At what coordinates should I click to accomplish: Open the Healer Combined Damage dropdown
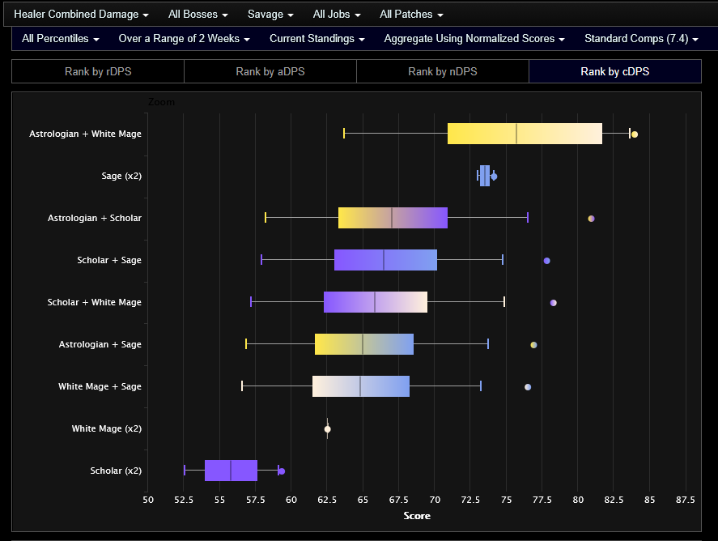click(81, 15)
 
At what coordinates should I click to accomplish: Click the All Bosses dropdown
click(198, 15)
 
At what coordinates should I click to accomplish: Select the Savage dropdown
click(270, 15)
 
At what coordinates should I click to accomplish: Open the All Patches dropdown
click(411, 15)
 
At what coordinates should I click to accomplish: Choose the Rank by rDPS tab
click(98, 71)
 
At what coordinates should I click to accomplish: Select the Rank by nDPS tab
click(443, 71)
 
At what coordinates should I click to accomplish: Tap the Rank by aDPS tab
click(270, 71)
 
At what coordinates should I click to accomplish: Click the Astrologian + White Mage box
click(525, 134)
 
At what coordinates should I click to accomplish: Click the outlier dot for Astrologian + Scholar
click(591, 219)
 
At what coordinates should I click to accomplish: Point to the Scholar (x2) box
click(231, 471)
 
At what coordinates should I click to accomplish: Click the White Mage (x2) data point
click(327, 429)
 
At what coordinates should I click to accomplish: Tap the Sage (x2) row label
click(121, 176)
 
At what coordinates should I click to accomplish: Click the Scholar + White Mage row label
click(94, 302)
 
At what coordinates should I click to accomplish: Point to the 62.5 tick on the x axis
click(327, 499)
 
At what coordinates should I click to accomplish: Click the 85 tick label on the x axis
click(649, 499)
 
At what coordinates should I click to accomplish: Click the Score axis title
click(417, 516)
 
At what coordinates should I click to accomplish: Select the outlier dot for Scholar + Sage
click(547, 261)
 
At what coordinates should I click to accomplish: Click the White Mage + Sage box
click(361, 386)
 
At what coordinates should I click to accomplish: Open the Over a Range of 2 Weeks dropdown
click(184, 38)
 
